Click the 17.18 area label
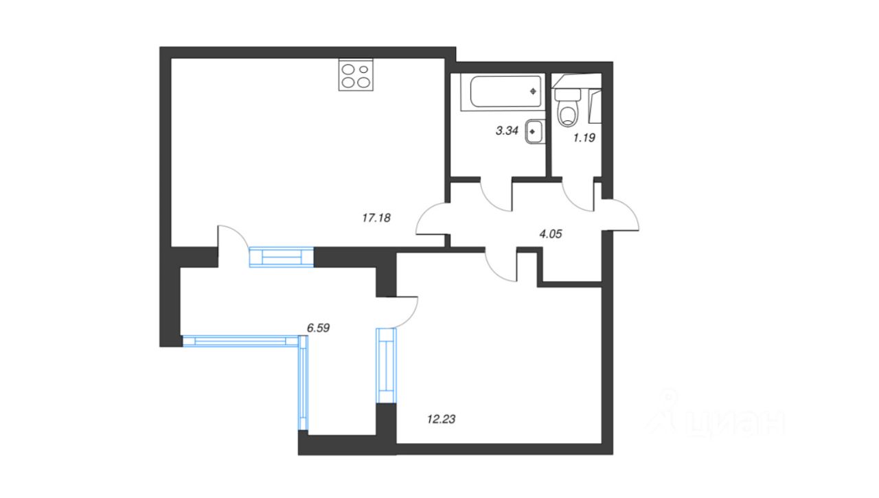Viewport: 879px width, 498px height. tap(376, 218)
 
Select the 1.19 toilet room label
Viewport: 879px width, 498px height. tap(584, 137)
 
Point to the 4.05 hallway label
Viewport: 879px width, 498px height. tap(551, 234)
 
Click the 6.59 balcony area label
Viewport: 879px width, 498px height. tap(319, 328)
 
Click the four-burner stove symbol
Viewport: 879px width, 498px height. tap(356, 76)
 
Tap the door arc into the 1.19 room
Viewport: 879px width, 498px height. tap(578, 195)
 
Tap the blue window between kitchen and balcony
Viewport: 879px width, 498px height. tap(281, 256)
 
